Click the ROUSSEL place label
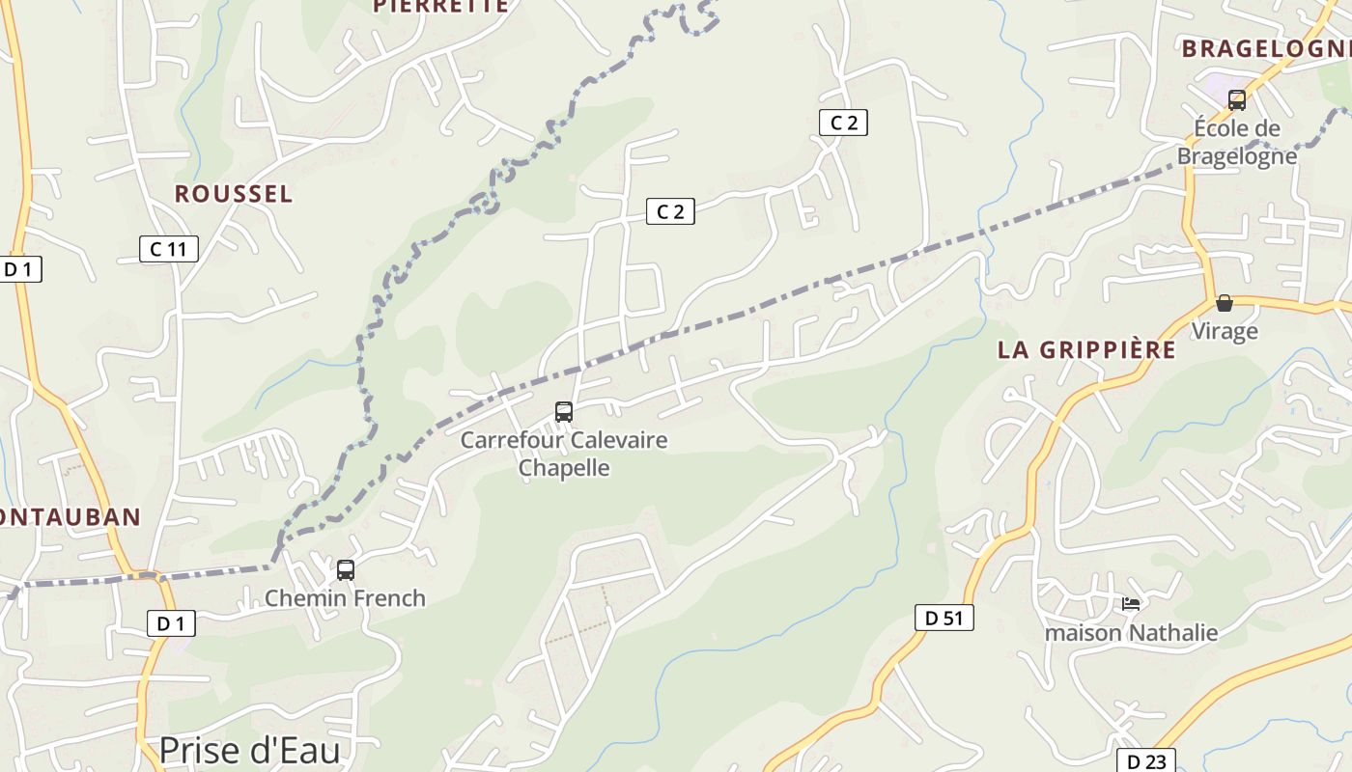point(233,194)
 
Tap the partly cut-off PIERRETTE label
point(440,6)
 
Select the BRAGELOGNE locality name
point(1265,48)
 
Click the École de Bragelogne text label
point(1237,142)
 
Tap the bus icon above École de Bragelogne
point(1237,99)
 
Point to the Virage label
point(1224,331)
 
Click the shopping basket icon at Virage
point(1225,303)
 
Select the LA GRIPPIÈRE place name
point(1086,350)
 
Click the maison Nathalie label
point(1131,633)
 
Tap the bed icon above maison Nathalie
point(1131,604)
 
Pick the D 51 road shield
point(944,619)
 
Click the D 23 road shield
point(1146,761)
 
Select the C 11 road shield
point(169,249)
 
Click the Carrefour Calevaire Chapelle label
point(564,454)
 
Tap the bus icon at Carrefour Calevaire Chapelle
point(564,412)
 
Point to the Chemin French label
point(345,598)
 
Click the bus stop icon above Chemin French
point(346,570)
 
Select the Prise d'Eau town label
point(249,750)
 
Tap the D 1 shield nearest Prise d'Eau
point(171,623)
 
